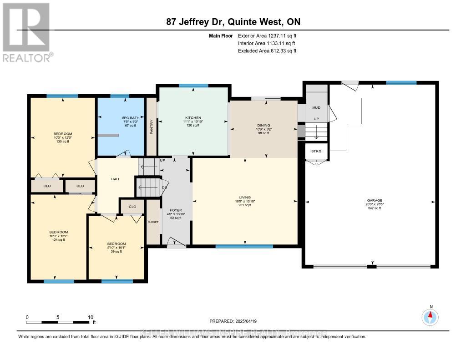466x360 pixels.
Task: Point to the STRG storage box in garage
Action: (316, 151)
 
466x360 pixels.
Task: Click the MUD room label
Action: (316, 108)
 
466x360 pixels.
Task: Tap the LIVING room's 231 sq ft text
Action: (244, 205)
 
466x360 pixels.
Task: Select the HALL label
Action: (116, 179)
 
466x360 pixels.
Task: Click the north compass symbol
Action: (430, 315)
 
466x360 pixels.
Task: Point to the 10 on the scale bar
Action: (91, 317)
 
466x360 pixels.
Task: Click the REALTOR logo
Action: (26, 32)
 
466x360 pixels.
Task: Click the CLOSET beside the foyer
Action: (153, 222)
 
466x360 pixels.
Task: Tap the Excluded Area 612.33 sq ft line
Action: (267, 51)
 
